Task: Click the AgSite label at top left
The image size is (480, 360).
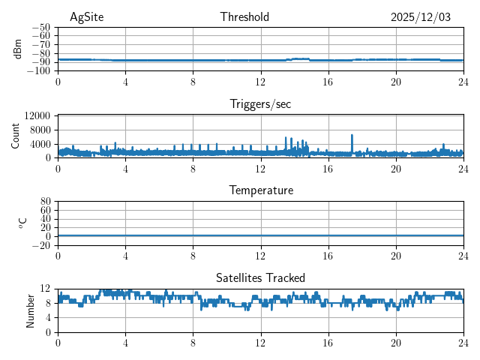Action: click(x=86, y=17)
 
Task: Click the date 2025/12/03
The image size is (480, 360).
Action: click(x=421, y=17)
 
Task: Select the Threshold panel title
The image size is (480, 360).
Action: click(x=244, y=17)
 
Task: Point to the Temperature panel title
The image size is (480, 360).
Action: click(x=261, y=190)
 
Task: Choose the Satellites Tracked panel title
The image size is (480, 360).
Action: click(x=260, y=277)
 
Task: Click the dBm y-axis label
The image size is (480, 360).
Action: click(x=18, y=49)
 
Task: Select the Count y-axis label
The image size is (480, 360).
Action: click(x=16, y=136)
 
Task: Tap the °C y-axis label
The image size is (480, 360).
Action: click(x=22, y=223)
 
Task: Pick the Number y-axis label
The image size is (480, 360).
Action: click(x=30, y=310)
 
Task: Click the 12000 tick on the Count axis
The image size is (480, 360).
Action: click(x=37, y=115)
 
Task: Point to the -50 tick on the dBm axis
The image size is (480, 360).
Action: click(x=40, y=27)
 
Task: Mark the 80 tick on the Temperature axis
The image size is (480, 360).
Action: click(x=45, y=202)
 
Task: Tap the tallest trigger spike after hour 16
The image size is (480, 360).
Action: click(x=352, y=136)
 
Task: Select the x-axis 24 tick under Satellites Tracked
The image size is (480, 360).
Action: click(x=463, y=341)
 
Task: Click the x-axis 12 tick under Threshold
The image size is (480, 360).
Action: click(x=260, y=81)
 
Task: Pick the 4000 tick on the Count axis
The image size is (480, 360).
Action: click(x=39, y=144)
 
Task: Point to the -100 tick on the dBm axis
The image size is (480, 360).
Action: click(x=38, y=71)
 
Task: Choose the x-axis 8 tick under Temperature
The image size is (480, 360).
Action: click(x=193, y=255)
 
